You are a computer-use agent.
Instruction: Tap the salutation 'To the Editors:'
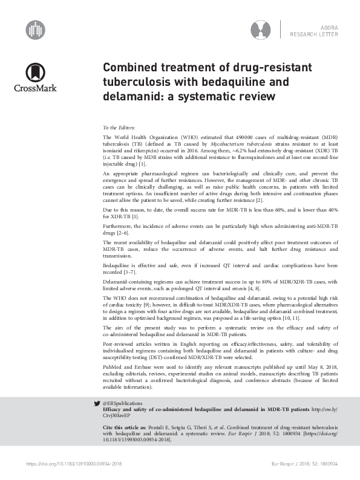coord(120,128)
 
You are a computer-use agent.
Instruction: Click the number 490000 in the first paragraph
coord(220,138)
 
